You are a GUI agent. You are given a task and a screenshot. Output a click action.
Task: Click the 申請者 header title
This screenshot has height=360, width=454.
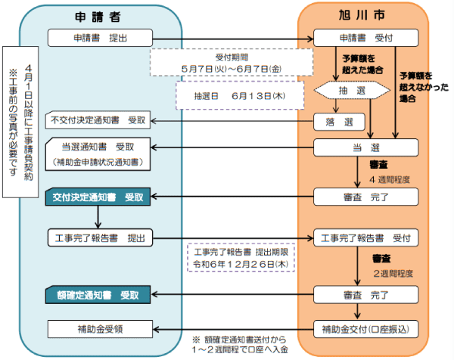coord(99,15)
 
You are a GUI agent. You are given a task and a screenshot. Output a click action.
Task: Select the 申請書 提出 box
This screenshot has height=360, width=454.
coord(99,37)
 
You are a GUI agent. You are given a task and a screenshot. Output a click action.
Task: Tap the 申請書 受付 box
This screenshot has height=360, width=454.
coord(365,37)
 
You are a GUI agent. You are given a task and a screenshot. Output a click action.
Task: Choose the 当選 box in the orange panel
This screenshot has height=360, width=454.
coord(365,146)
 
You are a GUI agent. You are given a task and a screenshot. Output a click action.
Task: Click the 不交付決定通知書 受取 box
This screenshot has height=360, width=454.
coord(99,119)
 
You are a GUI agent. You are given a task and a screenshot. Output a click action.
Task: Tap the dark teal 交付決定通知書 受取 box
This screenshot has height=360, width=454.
coord(99,197)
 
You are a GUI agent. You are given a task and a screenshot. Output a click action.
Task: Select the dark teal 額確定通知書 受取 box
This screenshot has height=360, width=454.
coord(99,293)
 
